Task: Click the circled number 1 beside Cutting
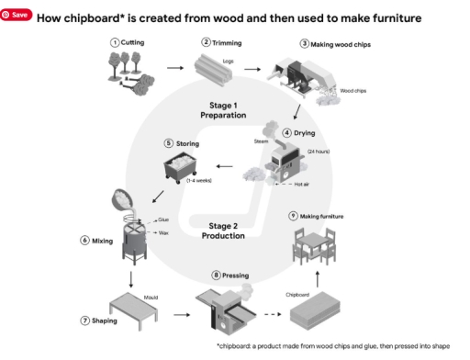tap(115, 42)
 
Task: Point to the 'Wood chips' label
tap(353, 91)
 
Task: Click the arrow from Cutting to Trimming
tap(173, 67)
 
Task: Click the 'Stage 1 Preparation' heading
tap(226, 111)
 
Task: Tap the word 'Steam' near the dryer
tap(260, 142)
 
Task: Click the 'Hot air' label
tap(306, 184)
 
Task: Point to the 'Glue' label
tap(162, 220)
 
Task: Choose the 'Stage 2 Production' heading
tap(226, 230)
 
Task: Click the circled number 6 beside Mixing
tap(84, 241)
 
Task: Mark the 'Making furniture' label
tap(320, 216)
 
